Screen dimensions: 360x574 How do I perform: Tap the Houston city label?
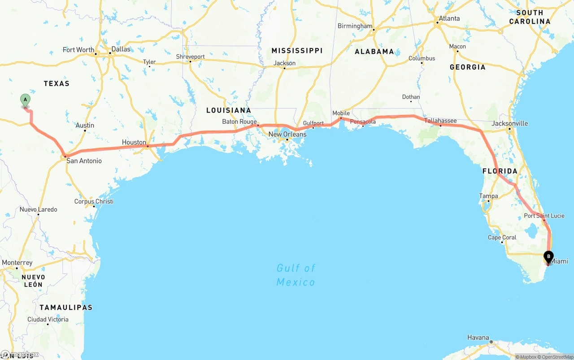click(134, 143)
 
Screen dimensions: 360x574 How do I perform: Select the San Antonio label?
click(84, 161)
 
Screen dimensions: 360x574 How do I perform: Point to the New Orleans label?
click(287, 134)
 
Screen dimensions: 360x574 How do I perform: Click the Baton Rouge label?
click(239, 122)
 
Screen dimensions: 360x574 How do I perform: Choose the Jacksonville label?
click(510, 123)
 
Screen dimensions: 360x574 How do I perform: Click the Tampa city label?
click(488, 196)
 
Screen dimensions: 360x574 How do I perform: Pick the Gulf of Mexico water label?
click(296, 275)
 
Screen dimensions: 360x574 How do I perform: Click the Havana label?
click(478, 338)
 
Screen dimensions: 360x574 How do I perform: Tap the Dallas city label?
click(121, 49)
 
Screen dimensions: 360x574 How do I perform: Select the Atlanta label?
click(449, 18)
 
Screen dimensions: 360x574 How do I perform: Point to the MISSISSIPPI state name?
click(297, 51)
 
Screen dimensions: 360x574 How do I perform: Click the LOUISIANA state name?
click(229, 110)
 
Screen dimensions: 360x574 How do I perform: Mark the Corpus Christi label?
click(94, 202)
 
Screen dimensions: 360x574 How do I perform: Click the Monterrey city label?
click(17, 263)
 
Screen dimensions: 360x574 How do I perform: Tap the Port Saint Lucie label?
click(544, 216)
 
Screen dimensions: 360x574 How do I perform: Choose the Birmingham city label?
click(355, 26)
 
